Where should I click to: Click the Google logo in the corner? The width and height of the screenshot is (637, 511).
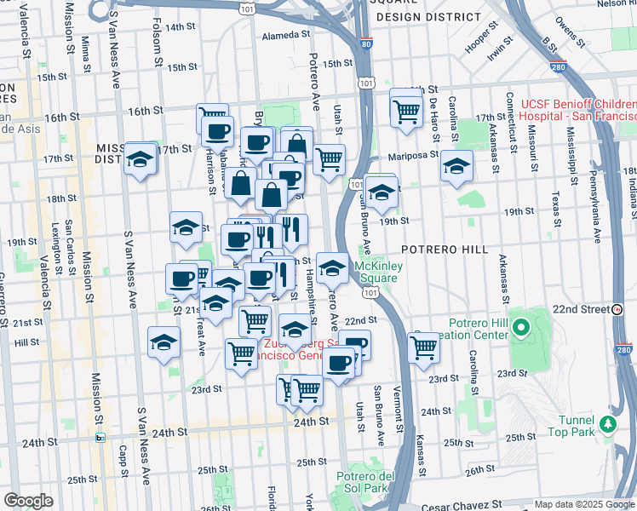[x=28, y=502]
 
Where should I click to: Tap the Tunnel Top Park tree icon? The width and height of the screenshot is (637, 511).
[x=607, y=423]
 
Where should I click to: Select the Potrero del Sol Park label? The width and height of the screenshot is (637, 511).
[x=362, y=482]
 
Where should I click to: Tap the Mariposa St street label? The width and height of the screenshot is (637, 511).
[x=416, y=155]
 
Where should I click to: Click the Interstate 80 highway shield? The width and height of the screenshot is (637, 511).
[x=365, y=43]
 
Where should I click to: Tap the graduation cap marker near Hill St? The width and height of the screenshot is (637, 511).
[x=164, y=342]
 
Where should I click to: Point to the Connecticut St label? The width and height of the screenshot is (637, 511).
[x=509, y=118]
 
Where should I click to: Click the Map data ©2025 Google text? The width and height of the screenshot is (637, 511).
[x=583, y=504]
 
